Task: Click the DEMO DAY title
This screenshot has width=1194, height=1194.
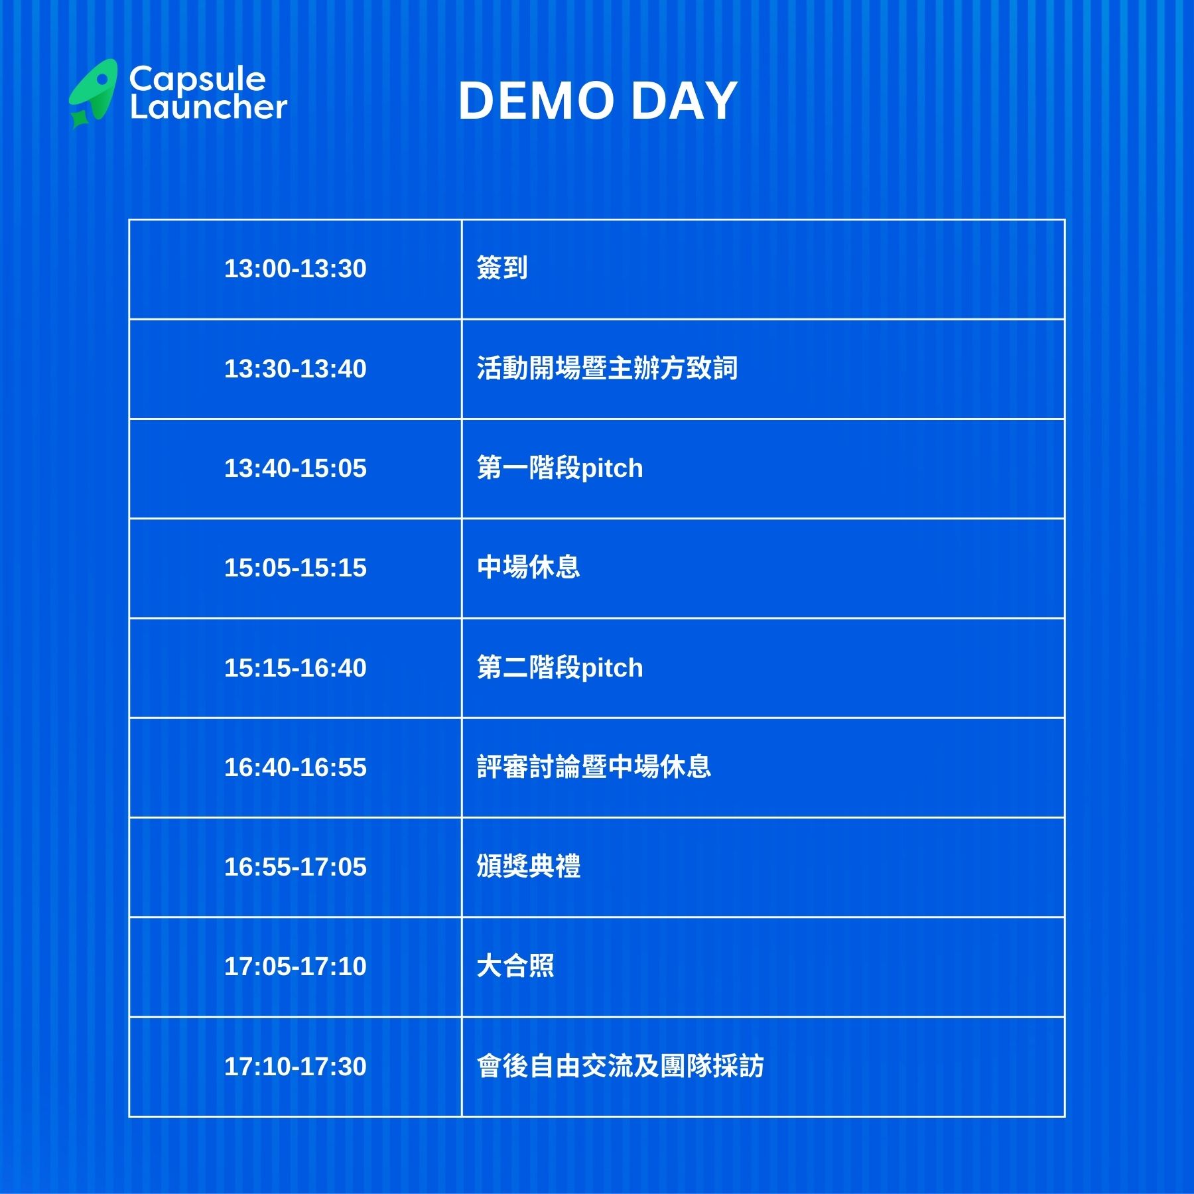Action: pyautogui.click(x=598, y=101)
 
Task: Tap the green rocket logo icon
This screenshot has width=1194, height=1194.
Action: pyautogui.click(x=94, y=94)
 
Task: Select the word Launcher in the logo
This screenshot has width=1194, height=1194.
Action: pyautogui.click(x=208, y=107)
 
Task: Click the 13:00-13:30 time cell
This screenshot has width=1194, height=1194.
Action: pyautogui.click(x=295, y=269)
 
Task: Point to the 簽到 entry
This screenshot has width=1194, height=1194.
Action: pyautogui.click(x=502, y=268)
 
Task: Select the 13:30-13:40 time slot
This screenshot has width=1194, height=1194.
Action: pyautogui.click(x=295, y=369)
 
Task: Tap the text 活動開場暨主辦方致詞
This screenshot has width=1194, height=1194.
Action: pyautogui.click(x=607, y=368)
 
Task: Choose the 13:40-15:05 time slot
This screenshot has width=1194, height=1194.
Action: pyautogui.click(x=295, y=468)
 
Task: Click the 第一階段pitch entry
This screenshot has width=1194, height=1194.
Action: pyautogui.click(x=560, y=468)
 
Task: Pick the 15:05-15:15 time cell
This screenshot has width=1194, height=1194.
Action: pyautogui.click(x=295, y=568)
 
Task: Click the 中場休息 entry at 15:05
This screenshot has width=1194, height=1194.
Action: pyautogui.click(x=529, y=567)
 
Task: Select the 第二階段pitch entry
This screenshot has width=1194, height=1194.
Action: pyautogui.click(x=560, y=668)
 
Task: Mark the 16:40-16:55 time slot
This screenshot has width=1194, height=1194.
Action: pyautogui.click(x=295, y=767)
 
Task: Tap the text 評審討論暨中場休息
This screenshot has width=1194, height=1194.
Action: pyautogui.click(x=594, y=767)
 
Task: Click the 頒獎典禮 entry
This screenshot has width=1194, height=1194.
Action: pyautogui.click(x=529, y=866)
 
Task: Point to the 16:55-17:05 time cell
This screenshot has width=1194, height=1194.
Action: pyautogui.click(x=295, y=867)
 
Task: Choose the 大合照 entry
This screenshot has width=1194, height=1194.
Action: pyautogui.click(x=515, y=966)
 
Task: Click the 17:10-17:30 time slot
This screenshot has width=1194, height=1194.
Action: pyautogui.click(x=295, y=1067)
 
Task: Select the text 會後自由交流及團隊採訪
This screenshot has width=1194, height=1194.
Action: pyautogui.click(x=620, y=1066)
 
